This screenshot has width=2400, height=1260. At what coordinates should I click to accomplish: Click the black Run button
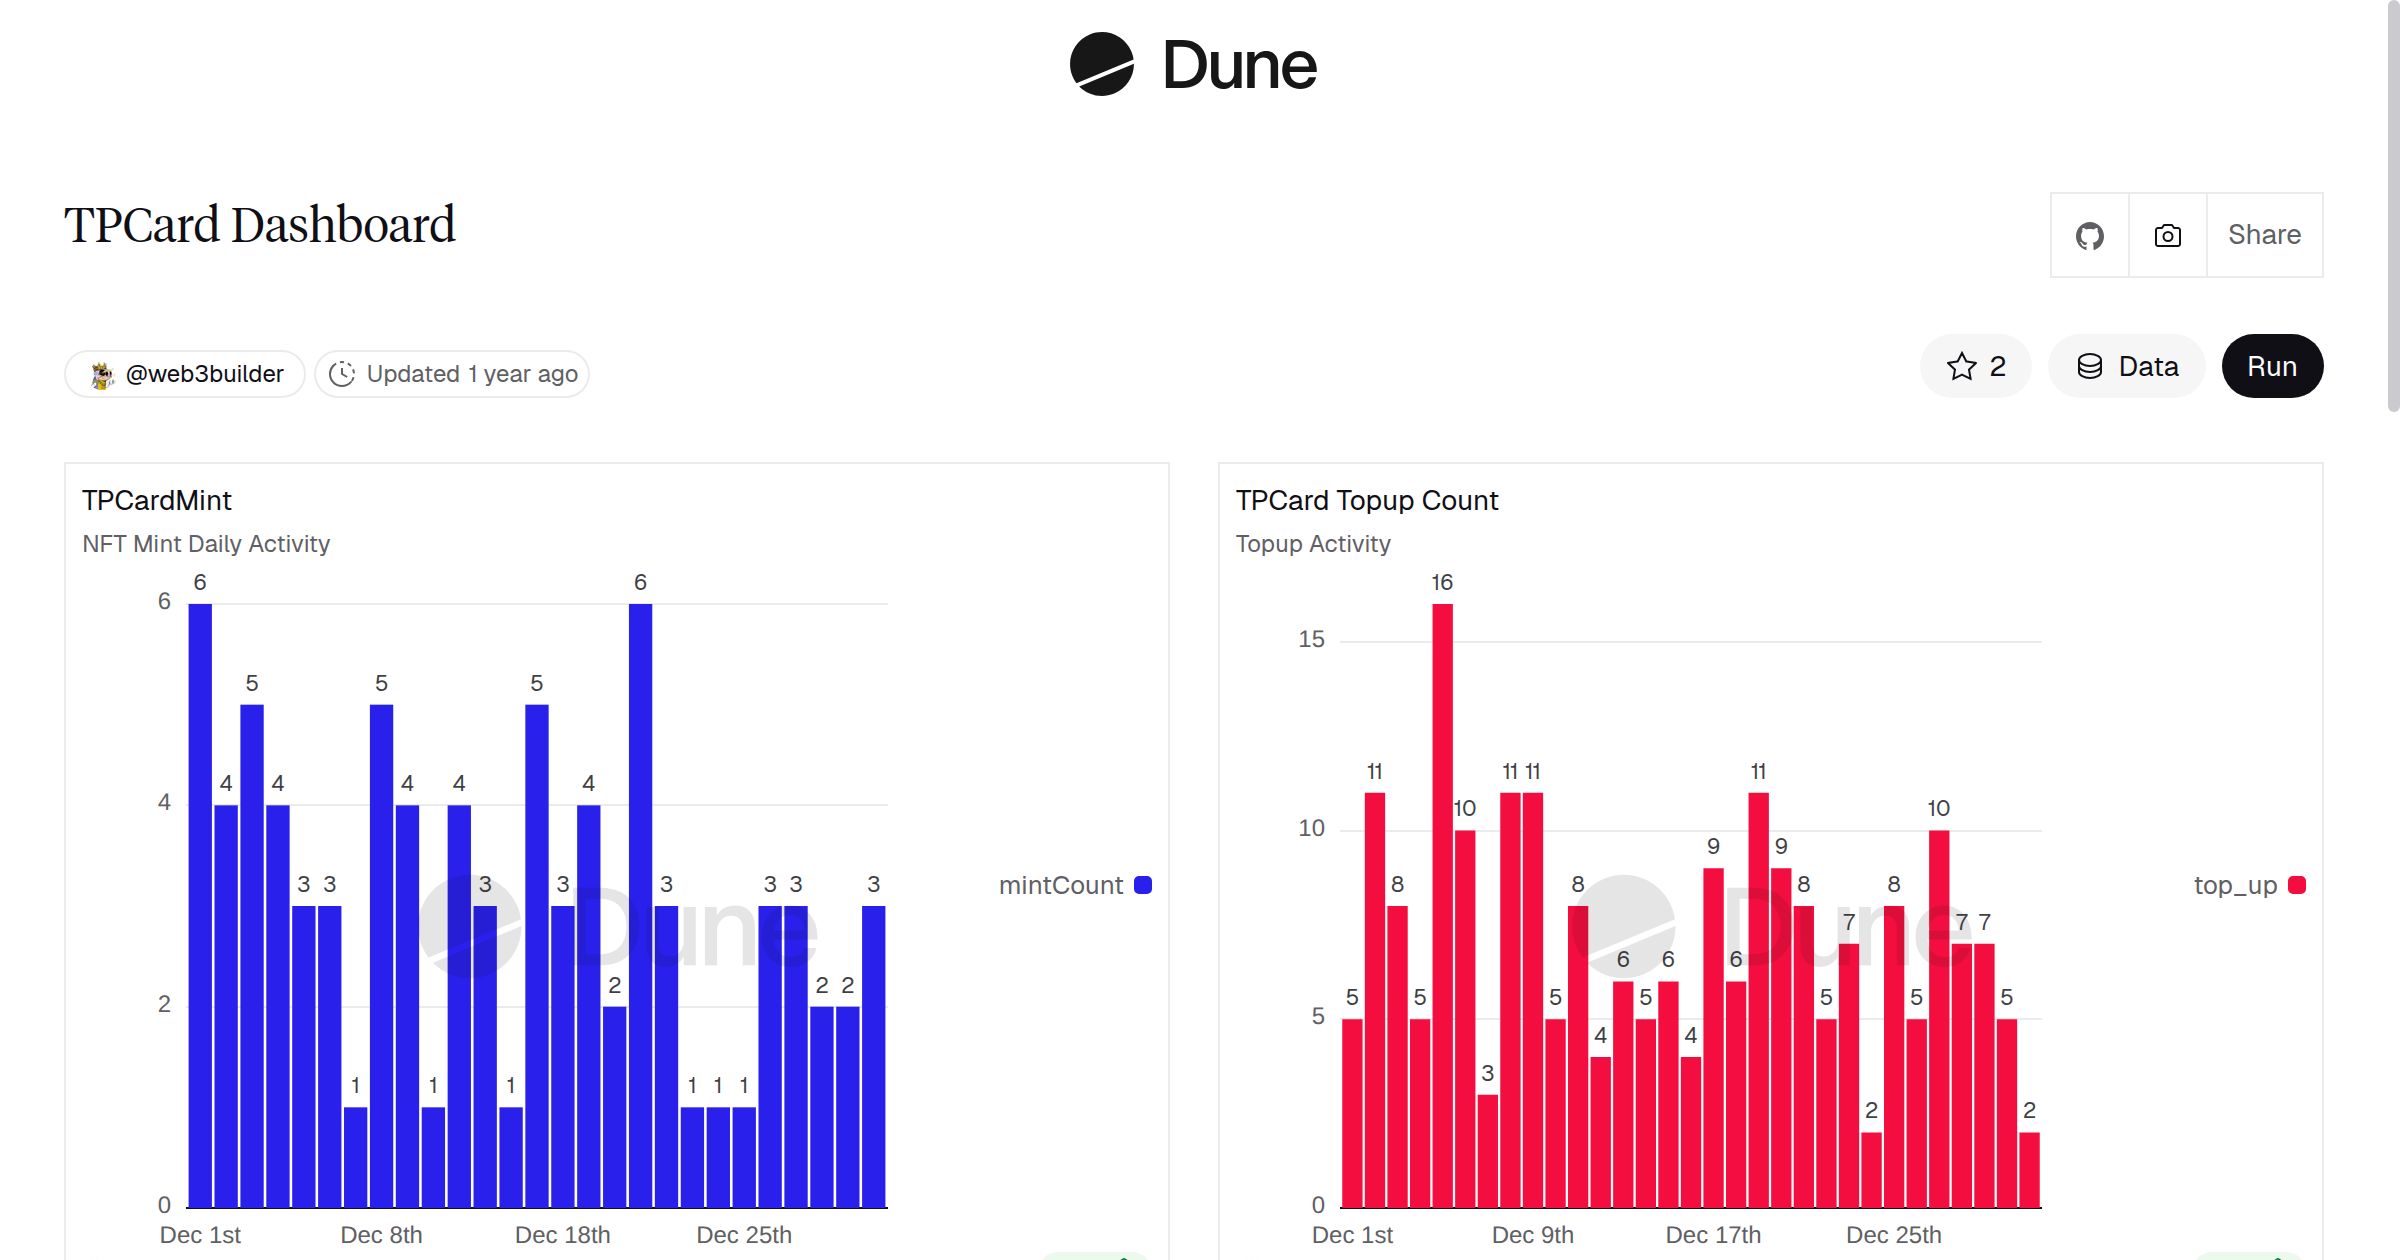(x=2271, y=366)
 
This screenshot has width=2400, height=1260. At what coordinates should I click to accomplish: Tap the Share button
(x=2264, y=235)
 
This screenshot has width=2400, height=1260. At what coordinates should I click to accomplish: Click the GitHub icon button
(x=2089, y=235)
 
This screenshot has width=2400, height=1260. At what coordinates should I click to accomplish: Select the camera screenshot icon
(x=2167, y=235)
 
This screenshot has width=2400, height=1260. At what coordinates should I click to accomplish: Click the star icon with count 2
(x=1975, y=366)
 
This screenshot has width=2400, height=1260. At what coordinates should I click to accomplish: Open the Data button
(x=2127, y=366)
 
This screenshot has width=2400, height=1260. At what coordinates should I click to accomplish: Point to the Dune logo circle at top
(x=1101, y=64)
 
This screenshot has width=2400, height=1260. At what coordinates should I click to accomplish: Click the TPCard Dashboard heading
(x=259, y=224)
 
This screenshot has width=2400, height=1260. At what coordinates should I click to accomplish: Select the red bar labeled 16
(x=1442, y=900)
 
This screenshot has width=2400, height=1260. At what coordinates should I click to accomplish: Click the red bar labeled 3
(x=1487, y=1150)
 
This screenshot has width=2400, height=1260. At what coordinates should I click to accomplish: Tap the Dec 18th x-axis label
(x=562, y=1235)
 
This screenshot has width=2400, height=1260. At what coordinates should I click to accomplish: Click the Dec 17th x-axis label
(x=1713, y=1235)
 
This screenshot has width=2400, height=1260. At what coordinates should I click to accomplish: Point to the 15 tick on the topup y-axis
(x=1311, y=639)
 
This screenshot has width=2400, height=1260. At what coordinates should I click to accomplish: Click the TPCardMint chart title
(x=157, y=500)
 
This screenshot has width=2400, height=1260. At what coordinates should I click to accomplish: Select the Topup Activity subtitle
(x=1313, y=543)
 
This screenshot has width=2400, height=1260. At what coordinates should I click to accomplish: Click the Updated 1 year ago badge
(x=452, y=374)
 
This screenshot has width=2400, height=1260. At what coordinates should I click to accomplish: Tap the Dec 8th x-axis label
(x=381, y=1235)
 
